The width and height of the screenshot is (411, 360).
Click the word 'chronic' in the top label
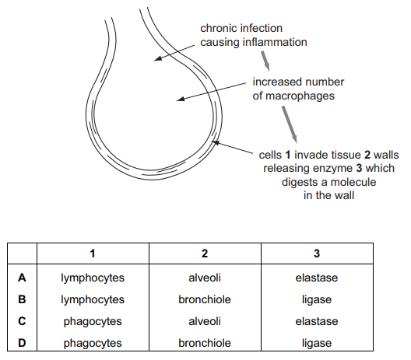pos(220,28)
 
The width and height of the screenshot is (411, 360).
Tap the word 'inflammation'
pos(275,42)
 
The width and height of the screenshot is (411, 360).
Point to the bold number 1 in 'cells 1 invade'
pos(288,155)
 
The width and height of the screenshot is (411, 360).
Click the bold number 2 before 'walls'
pos(367,155)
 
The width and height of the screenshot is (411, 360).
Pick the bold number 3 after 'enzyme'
pos(359,168)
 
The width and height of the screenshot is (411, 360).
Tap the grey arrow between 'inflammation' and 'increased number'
pos(265,61)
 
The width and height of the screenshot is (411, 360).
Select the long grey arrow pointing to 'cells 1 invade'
pos(290,124)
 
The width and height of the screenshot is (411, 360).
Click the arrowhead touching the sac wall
pos(215,142)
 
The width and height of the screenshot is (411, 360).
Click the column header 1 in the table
pos(93,253)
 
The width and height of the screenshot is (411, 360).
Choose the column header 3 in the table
pos(317,253)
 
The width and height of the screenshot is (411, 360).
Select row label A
pos(22,278)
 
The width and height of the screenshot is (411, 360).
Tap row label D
pos(22,343)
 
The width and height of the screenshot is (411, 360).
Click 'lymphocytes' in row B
pos(93,300)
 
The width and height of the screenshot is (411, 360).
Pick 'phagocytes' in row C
pos(93,322)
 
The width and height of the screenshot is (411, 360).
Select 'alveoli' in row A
pos(205,278)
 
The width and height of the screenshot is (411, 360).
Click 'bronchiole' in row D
pos(205,343)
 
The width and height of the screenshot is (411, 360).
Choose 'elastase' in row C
pos(317,322)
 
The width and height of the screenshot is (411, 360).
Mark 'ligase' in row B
pos(317,300)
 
